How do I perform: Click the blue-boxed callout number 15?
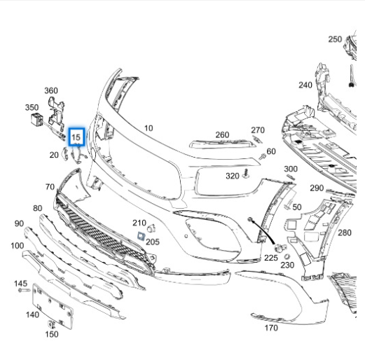(x=76, y=137)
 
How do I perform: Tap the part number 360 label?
(x=51, y=90)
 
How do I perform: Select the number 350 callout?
(x=32, y=108)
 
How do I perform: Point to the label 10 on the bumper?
(x=149, y=128)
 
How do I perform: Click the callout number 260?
(x=222, y=134)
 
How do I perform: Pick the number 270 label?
(x=258, y=130)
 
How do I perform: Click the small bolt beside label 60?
(x=262, y=156)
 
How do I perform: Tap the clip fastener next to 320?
(x=245, y=174)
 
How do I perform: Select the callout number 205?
(x=153, y=242)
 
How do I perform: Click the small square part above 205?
(x=141, y=236)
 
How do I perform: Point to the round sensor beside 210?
(x=151, y=228)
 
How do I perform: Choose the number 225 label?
(x=271, y=258)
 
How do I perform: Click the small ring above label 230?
(x=287, y=256)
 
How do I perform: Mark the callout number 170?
(x=271, y=328)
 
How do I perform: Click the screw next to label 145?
(x=24, y=290)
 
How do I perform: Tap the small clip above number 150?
(x=51, y=324)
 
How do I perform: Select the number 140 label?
(x=32, y=314)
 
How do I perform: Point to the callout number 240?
(x=305, y=85)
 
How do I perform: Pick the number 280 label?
(x=345, y=233)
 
